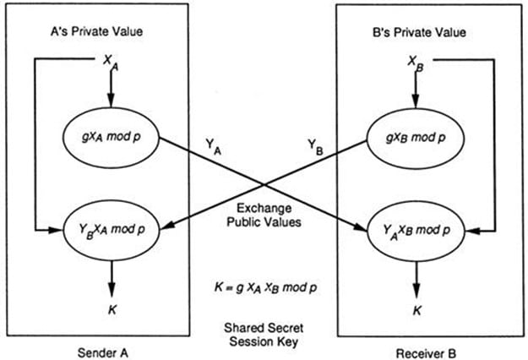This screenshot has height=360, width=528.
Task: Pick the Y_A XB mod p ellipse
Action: [415, 228]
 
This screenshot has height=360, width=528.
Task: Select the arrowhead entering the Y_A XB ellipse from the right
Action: [467, 228]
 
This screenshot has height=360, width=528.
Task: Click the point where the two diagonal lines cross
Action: [263, 184]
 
